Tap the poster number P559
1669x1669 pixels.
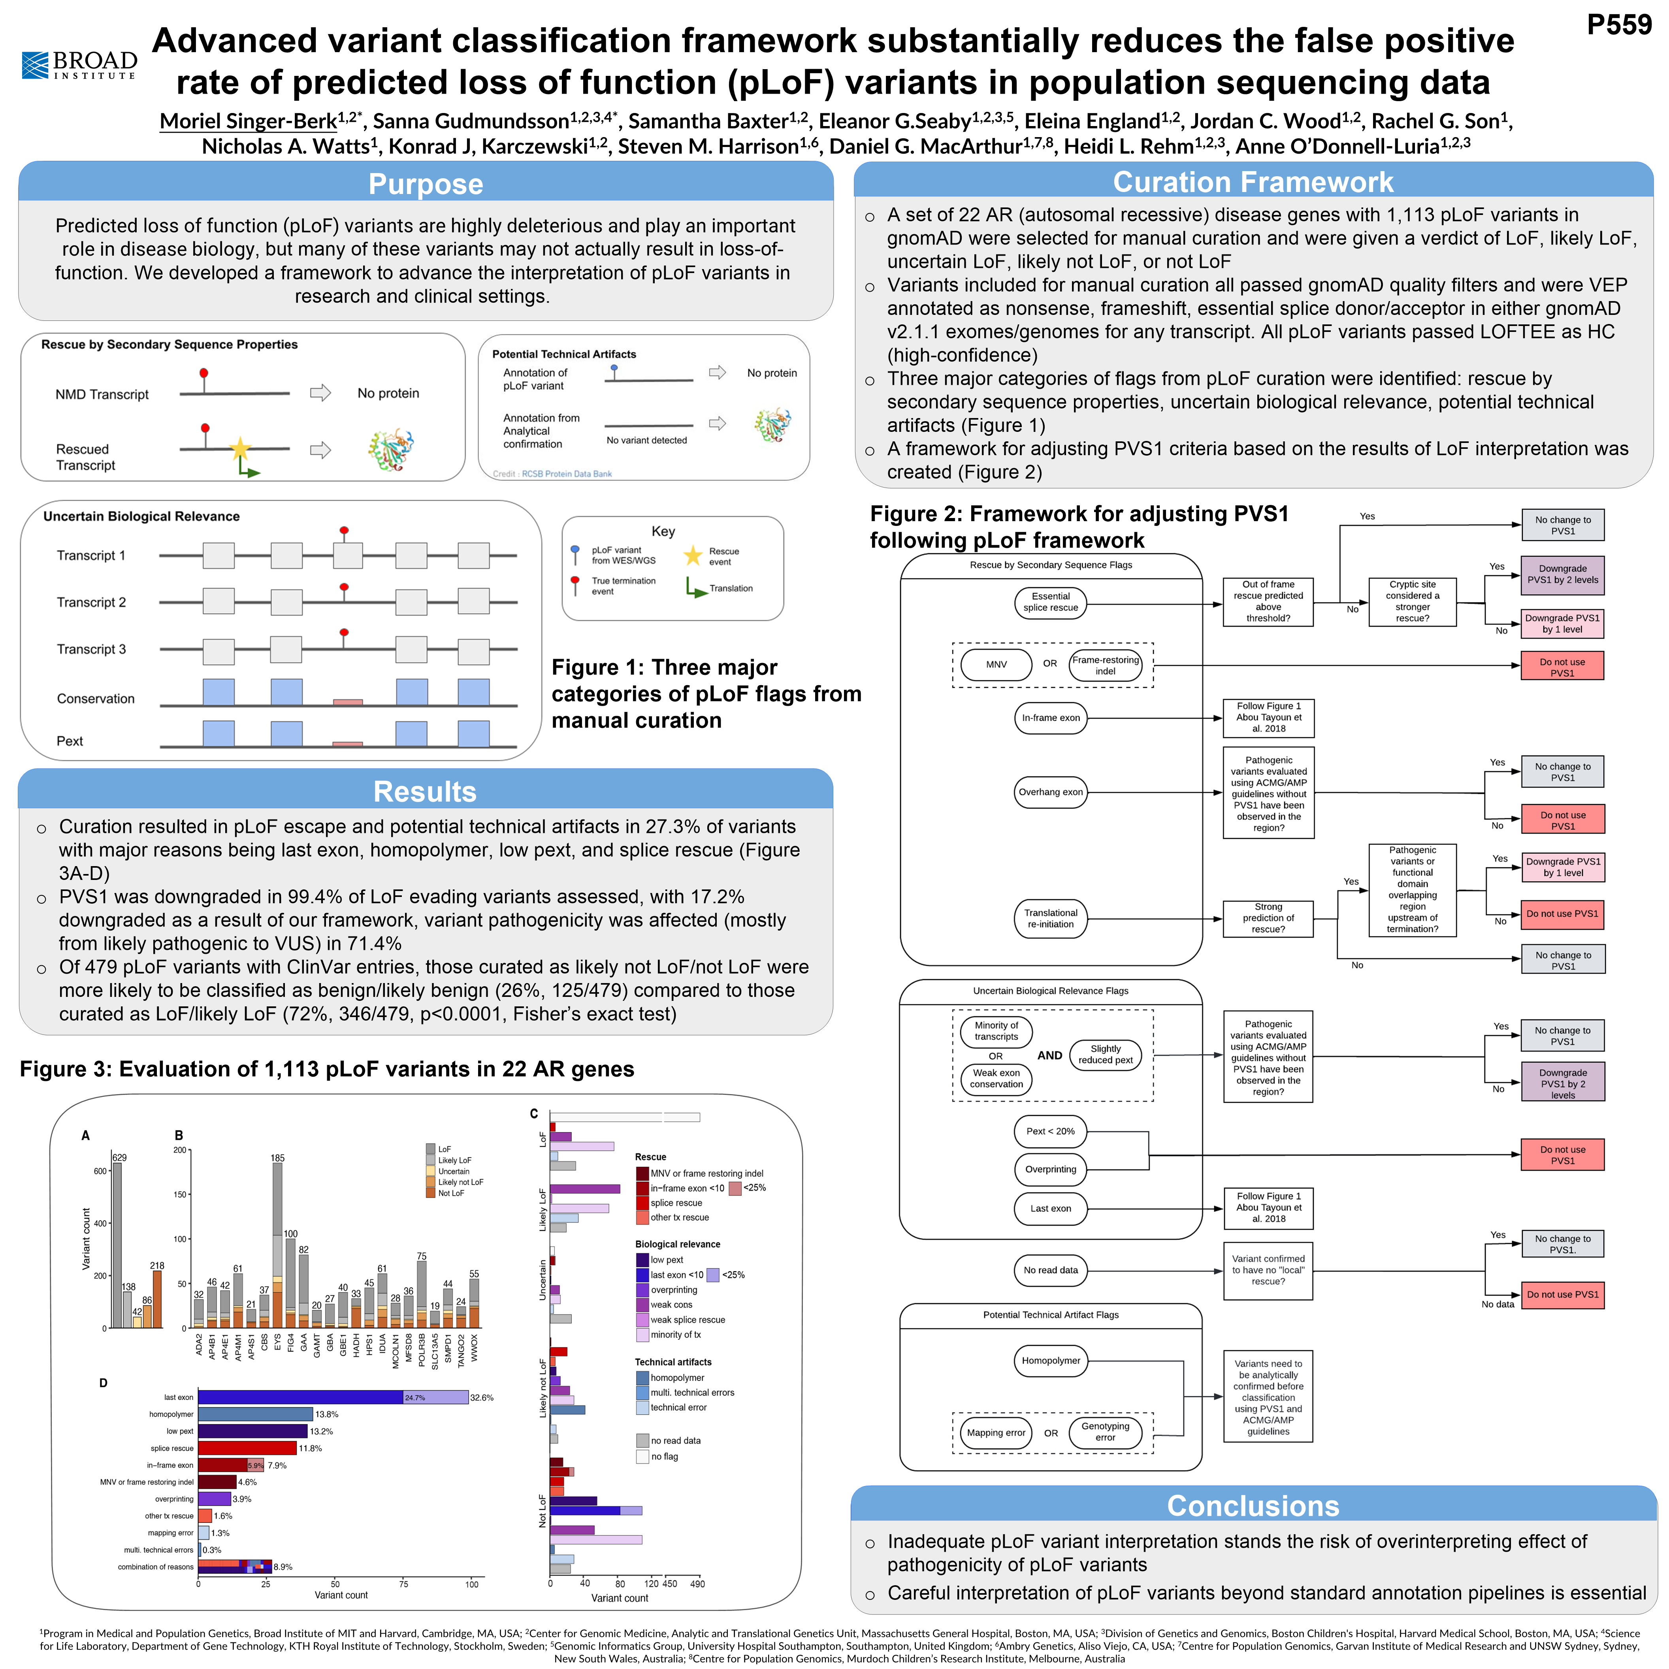1618,25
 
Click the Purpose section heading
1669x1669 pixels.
425,184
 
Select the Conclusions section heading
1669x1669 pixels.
1253,1506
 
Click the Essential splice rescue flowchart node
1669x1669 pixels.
1051,602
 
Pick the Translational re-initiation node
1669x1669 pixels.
1051,918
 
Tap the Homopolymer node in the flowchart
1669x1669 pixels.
1051,1360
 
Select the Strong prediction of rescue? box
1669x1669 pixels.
1268,918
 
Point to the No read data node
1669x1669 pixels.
1051,1270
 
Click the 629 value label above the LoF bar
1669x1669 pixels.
119,1158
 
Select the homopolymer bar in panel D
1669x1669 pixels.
255,1414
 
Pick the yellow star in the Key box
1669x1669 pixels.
693,556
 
